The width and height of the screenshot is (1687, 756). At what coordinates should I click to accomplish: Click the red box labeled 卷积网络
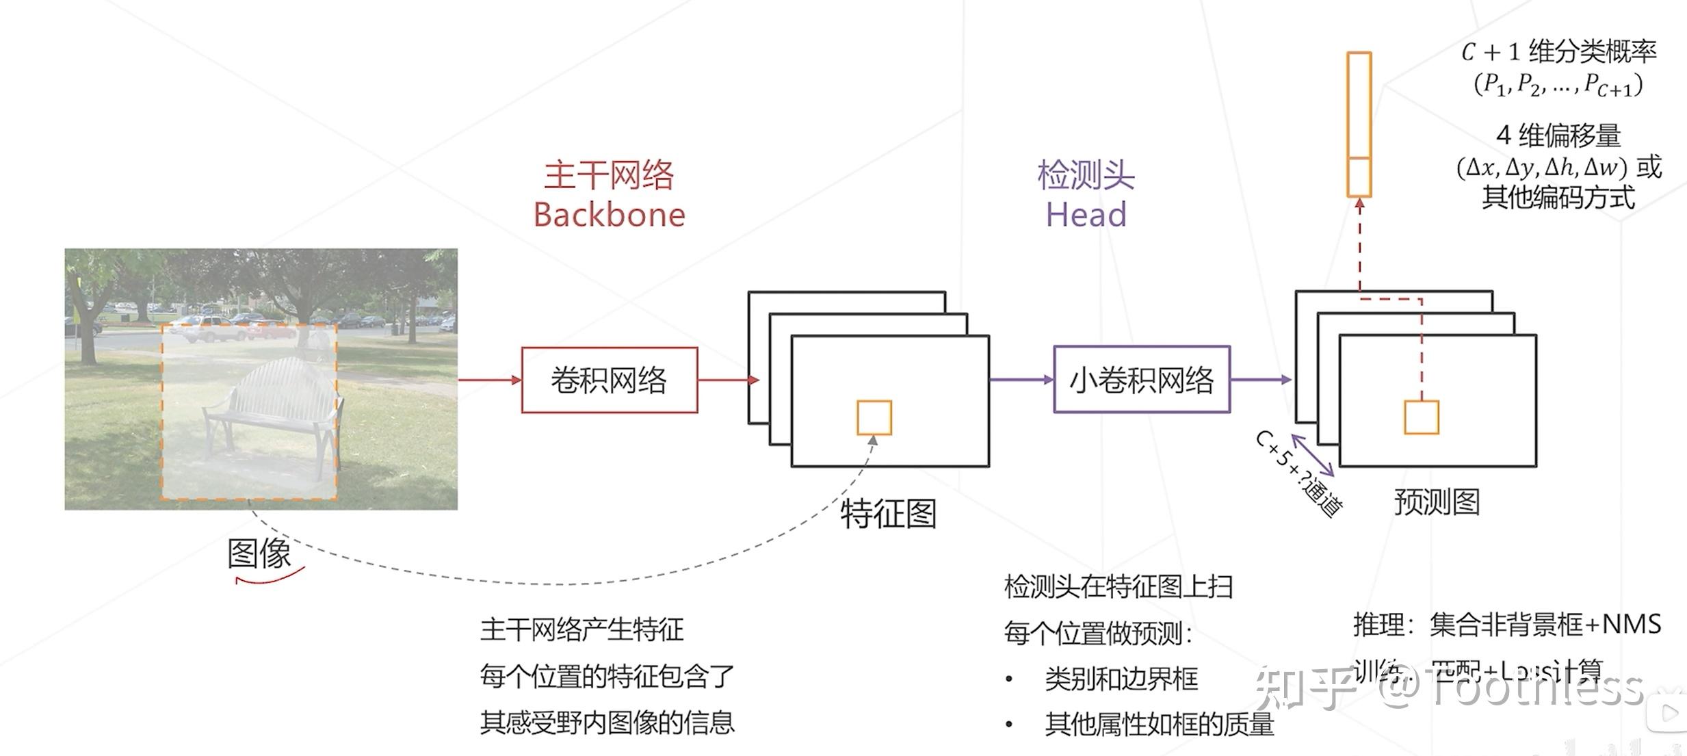click(609, 380)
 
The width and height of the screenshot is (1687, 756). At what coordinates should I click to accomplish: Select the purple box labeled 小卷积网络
click(1141, 380)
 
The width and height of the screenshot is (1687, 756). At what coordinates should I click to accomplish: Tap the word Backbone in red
click(609, 215)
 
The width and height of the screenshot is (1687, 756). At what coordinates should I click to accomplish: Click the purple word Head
click(1086, 215)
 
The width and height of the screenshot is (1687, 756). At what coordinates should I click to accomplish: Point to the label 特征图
click(888, 514)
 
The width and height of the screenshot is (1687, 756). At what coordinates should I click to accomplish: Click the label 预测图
click(1437, 502)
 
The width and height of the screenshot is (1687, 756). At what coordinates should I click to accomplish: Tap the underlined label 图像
click(260, 553)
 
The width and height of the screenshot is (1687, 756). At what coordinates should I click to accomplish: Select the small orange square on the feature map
click(874, 417)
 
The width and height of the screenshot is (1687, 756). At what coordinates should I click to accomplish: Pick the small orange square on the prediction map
click(1421, 417)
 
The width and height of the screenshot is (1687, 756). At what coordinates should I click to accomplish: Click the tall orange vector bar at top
click(1359, 123)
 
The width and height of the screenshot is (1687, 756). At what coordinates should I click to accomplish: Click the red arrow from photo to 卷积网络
click(489, 380)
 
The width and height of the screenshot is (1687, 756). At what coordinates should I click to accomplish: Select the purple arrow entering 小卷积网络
click(1021, 380)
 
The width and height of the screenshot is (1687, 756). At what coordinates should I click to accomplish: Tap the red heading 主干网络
click(609, 175)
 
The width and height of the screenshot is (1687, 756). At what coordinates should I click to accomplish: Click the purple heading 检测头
click(1086, 175)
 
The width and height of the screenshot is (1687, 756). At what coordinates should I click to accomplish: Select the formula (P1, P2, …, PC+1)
click(1558, 85)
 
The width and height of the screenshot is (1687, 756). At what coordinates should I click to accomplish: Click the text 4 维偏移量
click(1558, 135)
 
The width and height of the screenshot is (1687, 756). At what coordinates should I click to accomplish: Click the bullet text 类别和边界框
click(1121, 679)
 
